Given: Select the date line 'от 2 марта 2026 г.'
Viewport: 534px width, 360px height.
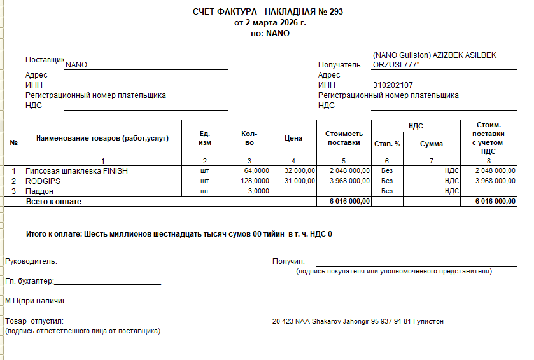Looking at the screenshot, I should pos(270,23).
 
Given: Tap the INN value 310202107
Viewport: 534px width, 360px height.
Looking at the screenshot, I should pos(393,85).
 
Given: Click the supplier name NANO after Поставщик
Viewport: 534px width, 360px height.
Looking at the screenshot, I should pos(76,65).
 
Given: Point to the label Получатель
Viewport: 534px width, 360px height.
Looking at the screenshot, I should pos(339,65).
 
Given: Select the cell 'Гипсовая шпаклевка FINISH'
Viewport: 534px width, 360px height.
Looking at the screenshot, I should pos(76,171).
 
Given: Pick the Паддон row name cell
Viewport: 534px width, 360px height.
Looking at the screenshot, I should pos(39,191).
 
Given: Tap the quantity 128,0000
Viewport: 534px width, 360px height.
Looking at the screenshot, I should pos(256,181).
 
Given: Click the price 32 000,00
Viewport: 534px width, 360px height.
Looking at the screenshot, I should pos(297,171).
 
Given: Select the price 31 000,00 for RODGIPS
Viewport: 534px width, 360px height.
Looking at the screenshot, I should pos(297,181).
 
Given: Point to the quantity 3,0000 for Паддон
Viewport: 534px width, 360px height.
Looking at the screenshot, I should pos(258,191).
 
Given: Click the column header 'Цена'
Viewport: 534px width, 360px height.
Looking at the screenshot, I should pos(293,138).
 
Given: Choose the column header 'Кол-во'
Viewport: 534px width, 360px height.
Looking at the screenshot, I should pos(249,138).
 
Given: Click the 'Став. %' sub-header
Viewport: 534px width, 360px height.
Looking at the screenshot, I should pos(387,144).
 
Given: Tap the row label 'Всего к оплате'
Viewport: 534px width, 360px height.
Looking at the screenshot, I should pos(53,202).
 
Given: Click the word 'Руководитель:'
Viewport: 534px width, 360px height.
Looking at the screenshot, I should pos(31,261).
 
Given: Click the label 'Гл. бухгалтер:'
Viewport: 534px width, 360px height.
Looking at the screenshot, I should pos(29,281).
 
